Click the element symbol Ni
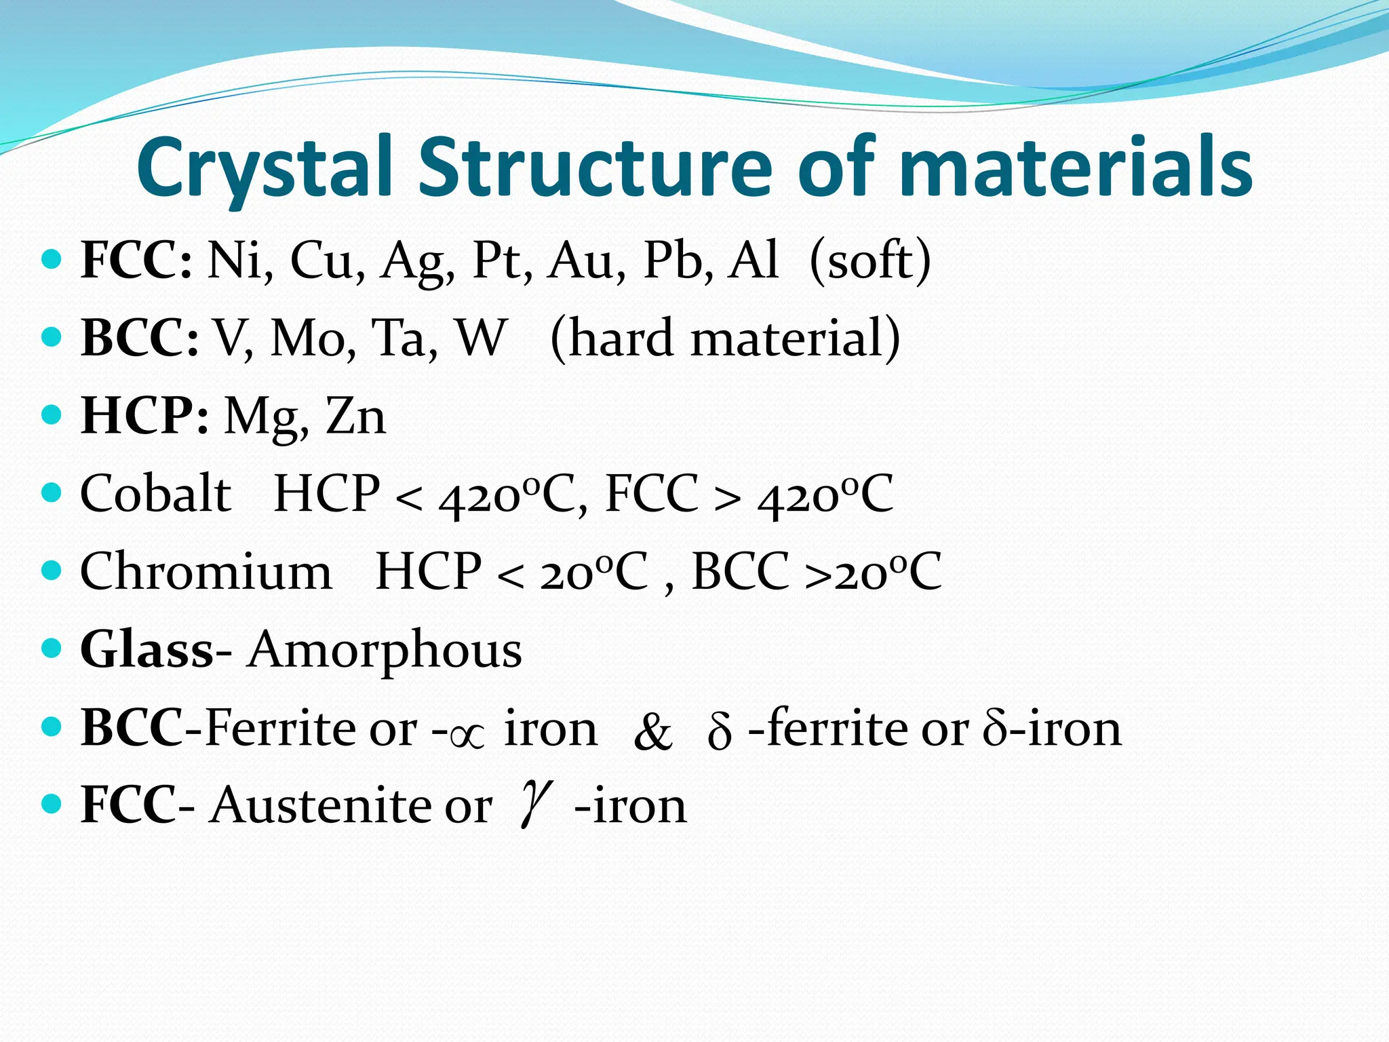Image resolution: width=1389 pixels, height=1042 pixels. click(235, 260)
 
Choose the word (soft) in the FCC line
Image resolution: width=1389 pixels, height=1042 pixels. click(870, 260)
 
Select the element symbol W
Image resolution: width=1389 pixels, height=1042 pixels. click(480, 338)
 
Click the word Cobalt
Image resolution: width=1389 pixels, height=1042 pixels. click(155, 493)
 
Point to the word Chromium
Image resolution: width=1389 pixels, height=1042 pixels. click(206, 571)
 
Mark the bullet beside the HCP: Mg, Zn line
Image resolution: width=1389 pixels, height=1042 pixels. click(52, 414)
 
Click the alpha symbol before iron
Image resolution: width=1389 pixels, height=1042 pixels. click(467, 735)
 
